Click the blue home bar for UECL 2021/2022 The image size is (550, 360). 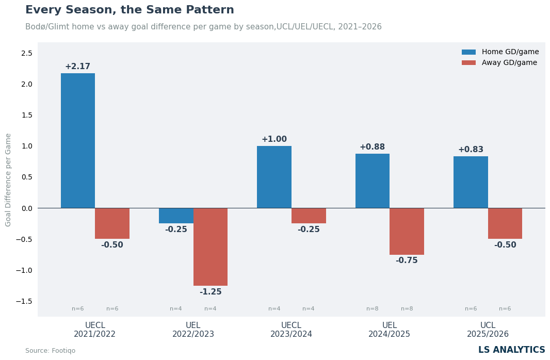78,141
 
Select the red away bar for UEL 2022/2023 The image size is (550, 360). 211,247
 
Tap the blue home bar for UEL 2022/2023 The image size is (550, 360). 176,216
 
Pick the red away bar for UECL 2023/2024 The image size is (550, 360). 309,216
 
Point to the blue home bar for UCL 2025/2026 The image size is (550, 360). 471,182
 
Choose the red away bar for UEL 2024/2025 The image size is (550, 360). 407,232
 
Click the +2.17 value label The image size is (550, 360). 77,66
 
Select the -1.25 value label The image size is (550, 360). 211,291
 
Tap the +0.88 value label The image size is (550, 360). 372,147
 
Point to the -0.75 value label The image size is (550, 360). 407,260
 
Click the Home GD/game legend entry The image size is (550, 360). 500,52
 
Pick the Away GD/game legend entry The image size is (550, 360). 499,63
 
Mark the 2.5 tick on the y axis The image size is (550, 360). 27,53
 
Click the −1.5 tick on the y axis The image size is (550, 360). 24,301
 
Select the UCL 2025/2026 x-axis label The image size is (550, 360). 488,330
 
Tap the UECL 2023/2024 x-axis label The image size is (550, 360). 291,330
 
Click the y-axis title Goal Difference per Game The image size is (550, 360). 8,180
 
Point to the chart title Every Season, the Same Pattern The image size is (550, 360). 130,10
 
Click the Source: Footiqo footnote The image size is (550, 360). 50,351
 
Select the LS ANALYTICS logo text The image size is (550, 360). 512,350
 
